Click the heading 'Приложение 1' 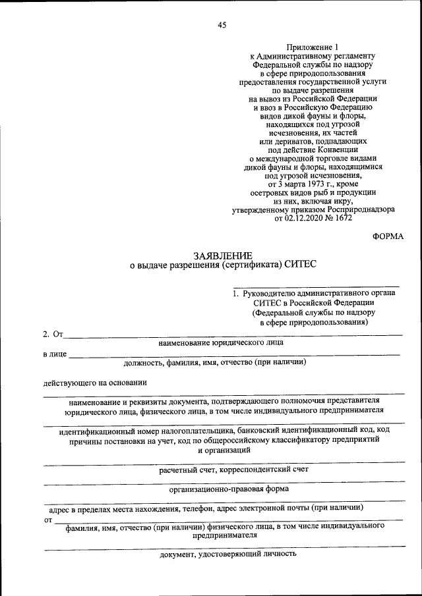[x=313, y=47]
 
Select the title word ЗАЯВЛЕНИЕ [x=222, y=255]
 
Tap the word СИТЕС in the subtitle [x=301, y=265]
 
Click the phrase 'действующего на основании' [x=96, y=382]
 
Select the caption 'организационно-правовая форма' [x=229, y=489]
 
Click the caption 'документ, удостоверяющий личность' [x=228, y=555]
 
